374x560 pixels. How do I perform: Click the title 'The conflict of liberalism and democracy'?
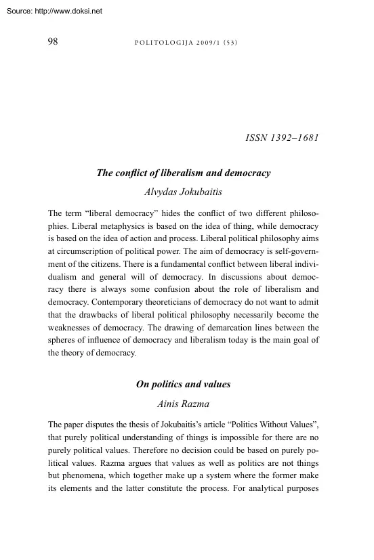[x=184, y=173]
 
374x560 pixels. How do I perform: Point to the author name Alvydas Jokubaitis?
[x=184, y=192]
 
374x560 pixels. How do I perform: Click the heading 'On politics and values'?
[x=184, y=384]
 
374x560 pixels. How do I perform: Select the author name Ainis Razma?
[x=184, y=403]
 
